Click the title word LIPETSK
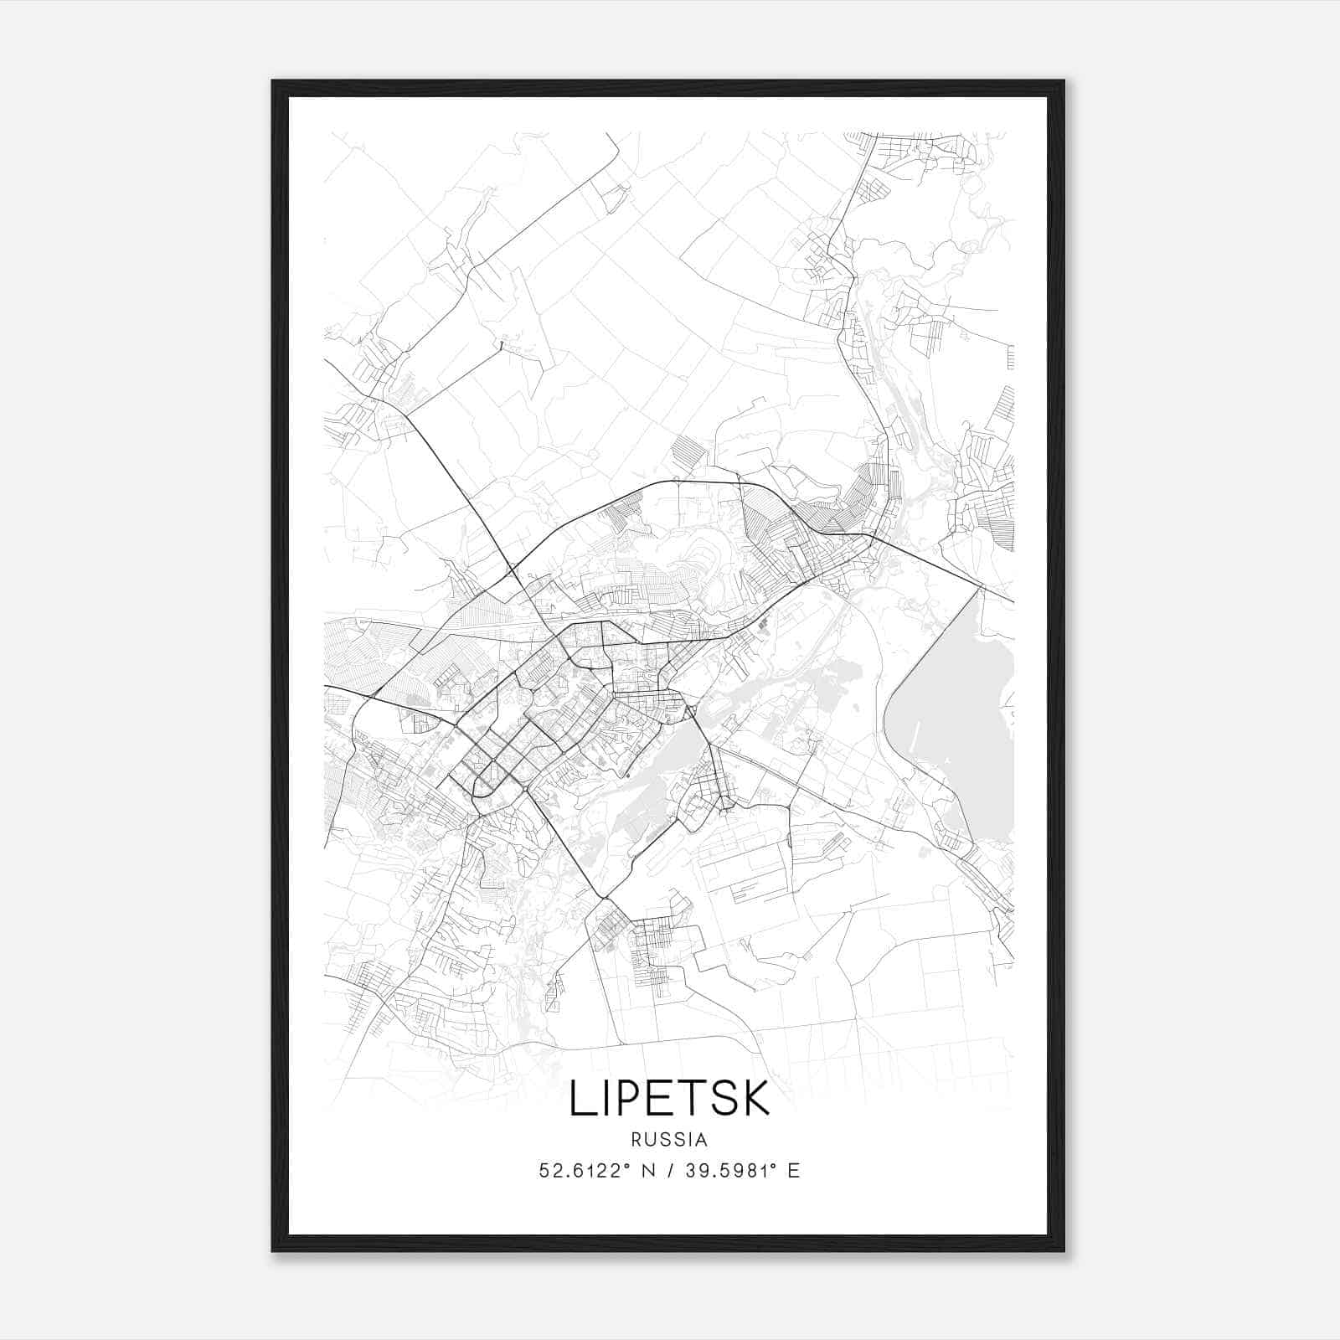669,1099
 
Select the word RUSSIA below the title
669,1140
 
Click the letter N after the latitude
647,1171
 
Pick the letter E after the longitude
793,1171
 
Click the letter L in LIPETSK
580,1099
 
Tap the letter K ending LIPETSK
755,1099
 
